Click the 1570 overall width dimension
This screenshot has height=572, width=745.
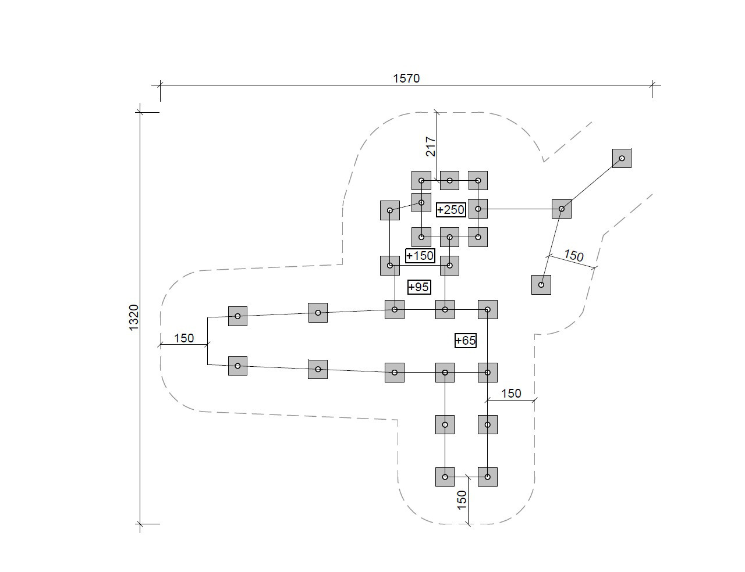click(406, 78)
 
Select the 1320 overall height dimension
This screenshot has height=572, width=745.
click(134, 317)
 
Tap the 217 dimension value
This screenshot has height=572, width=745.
click(431, 146)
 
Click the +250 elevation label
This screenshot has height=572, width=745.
click(451, 209)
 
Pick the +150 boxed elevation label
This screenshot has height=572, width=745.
click(420, 255)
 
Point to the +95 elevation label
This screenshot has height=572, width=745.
click(419, 287)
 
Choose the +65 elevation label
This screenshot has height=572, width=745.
click(465, 340)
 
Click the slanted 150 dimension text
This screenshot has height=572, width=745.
click(573, 255)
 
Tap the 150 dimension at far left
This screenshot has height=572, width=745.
click(184, 338)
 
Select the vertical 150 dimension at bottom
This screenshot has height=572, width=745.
click(462, 499)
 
